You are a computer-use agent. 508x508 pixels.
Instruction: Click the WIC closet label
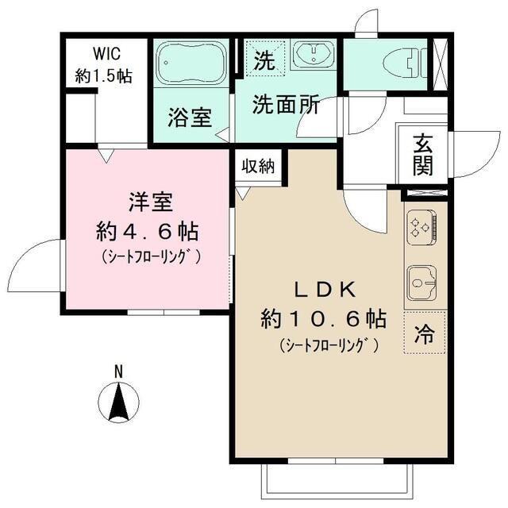coord(103,55)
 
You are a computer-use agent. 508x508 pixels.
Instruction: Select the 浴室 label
coord(189,117)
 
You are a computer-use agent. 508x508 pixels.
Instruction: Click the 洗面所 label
coord(286,105)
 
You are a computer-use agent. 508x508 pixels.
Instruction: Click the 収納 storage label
coord(258,167)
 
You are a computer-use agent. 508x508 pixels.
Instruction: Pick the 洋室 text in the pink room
coord(147,202)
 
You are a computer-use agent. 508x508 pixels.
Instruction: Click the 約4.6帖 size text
coord(147,233)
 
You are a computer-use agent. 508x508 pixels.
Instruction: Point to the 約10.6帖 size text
coord(324,319)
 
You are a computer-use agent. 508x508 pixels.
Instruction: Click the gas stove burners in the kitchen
coord(419,229)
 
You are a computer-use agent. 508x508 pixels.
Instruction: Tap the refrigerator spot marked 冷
coord(425,335)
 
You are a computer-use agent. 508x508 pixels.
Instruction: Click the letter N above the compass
coord(117,371)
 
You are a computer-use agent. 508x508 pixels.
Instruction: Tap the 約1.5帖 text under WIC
coord(103,75)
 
